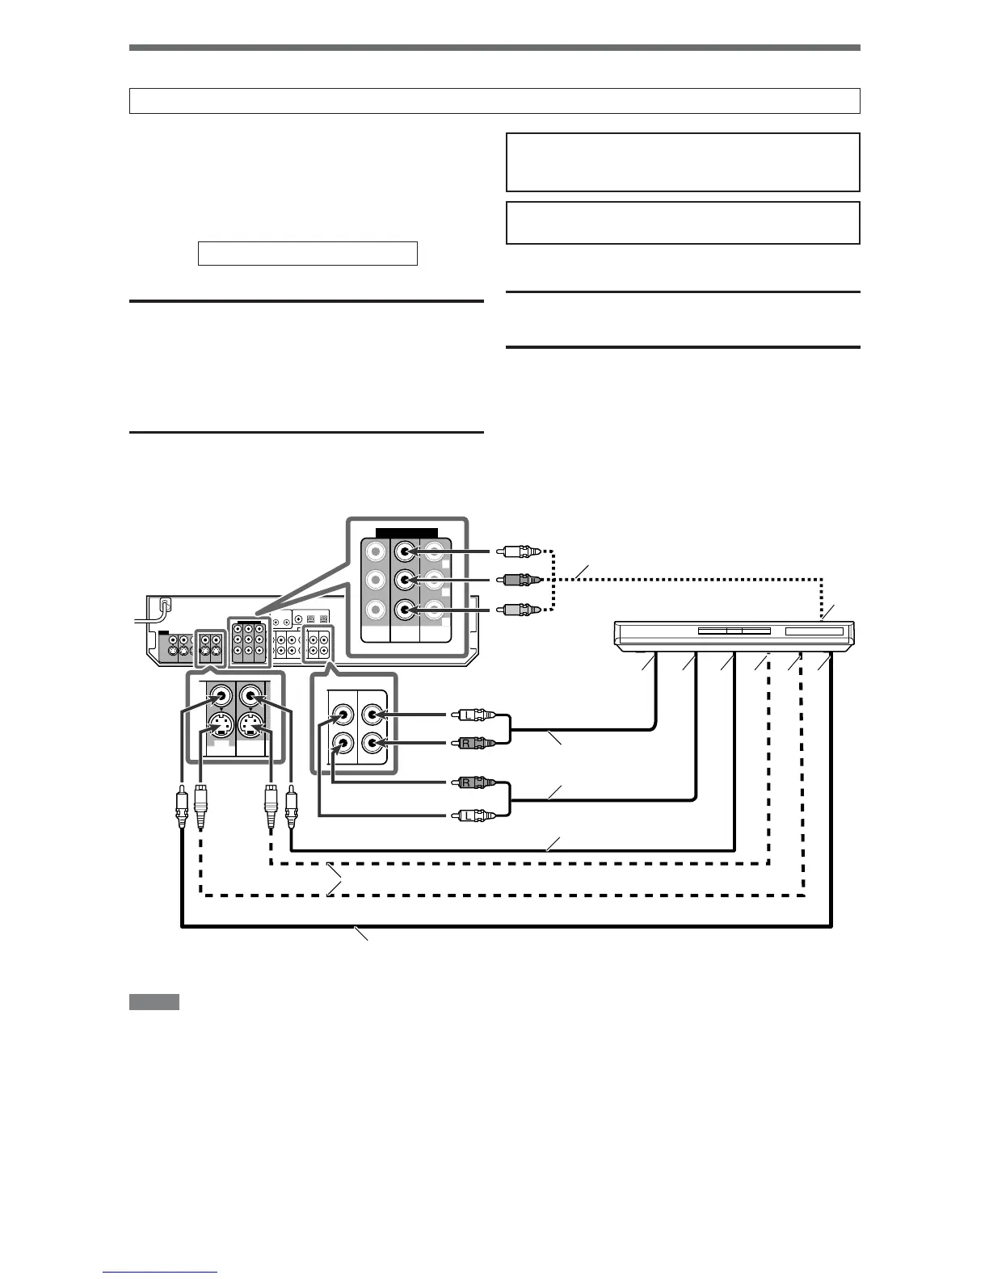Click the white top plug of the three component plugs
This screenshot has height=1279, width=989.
(514, 552)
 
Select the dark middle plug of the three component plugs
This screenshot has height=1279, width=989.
(514, 580)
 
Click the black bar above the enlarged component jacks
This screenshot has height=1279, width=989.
(407, 534)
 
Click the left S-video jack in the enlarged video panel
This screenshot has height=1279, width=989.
(219, 725)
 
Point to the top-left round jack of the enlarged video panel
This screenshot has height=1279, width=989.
(219, 693)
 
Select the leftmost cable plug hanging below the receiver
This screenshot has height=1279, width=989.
(180, 808)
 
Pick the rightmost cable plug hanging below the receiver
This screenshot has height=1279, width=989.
(291, 808)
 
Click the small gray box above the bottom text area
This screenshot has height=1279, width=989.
(154, 1002)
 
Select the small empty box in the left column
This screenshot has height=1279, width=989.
(308, 254)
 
